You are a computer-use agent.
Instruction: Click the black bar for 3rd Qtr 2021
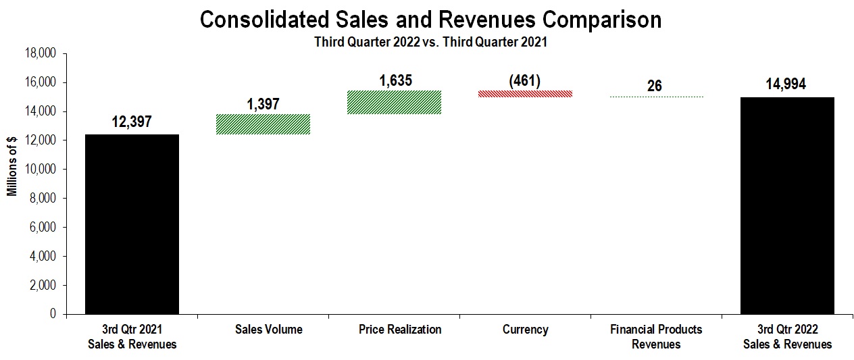point(132,224)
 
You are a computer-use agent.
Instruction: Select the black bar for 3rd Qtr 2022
point(787,205)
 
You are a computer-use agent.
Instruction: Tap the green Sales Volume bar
point(263,124)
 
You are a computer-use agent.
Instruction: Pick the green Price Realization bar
point(394,102)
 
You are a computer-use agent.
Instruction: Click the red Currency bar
point(525,94)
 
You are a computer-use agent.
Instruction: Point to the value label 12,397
point(132,122)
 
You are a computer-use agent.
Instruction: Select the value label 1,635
point(395,80)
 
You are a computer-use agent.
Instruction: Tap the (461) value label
point(524,80)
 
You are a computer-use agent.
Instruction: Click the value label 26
point(654,86)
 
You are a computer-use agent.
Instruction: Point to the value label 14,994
point(786,84)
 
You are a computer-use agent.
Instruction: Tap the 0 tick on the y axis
point(53,315)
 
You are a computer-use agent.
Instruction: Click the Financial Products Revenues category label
point(656,336)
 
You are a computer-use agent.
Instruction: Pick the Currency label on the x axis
point(526,330)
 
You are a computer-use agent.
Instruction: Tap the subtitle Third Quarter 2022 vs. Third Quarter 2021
point(430,41)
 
